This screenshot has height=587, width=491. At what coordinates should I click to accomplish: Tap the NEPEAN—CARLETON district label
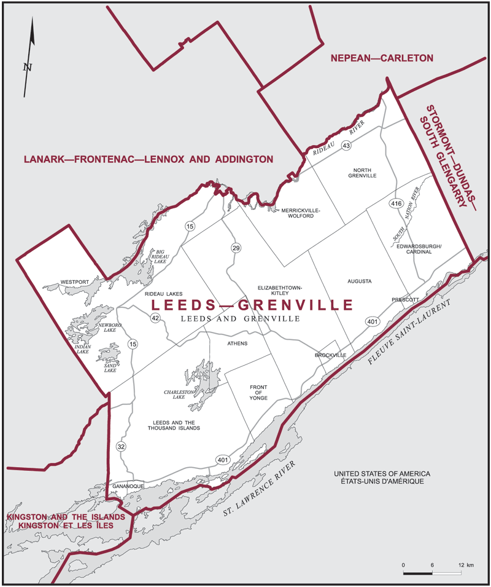coord(382,58)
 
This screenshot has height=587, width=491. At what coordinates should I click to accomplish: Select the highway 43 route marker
coord(347,146)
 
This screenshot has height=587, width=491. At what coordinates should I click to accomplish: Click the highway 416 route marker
coord(395,202)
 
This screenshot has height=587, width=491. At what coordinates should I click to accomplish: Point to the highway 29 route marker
coord(236,247)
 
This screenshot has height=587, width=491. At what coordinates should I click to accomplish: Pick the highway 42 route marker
coord(155,318)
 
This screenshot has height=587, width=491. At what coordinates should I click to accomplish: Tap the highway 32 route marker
coord(121,447)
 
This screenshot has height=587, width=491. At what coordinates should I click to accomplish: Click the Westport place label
coord(75,282)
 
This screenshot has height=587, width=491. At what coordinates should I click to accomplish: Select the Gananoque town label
coord(128,486)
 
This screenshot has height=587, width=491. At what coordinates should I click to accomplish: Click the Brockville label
coord(330,355)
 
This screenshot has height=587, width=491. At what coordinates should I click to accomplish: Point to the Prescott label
coord(405,299)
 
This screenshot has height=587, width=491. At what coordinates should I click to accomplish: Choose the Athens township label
coord(237,343)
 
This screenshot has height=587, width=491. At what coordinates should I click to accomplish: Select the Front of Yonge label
coord(258,393)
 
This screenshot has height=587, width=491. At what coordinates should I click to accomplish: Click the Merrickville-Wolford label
coord(301,213)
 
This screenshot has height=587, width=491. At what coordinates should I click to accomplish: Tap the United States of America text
coord(382,474)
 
